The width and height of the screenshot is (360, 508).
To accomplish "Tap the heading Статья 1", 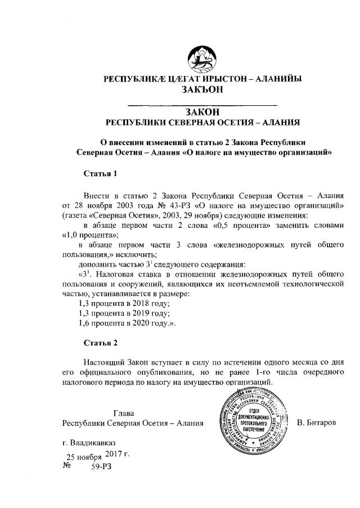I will [100, 173].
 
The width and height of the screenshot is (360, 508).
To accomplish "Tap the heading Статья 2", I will [100, 343].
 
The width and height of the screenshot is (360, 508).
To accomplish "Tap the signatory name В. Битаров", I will [316, 422].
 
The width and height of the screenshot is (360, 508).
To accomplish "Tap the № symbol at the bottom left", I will [67, 466].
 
